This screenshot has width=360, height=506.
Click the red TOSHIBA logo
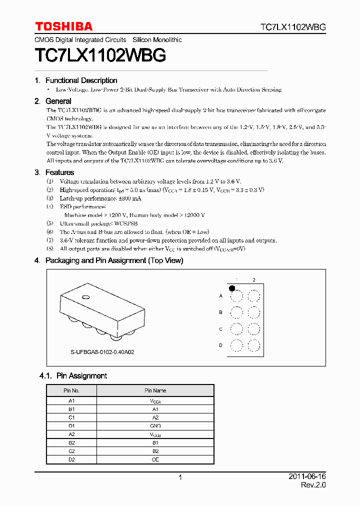click(63, 26)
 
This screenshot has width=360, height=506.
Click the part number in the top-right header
click(293, 27)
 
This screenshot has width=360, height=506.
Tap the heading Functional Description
click(81, 80)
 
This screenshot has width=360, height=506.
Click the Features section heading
click(59, 172)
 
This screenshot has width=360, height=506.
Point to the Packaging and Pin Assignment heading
click(114, 260)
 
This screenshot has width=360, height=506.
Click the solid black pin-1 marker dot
click(232, 288)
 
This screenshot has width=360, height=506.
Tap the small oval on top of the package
click(86, 297)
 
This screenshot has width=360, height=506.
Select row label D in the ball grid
click(220, 345)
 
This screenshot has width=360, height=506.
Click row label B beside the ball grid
click(220, 312)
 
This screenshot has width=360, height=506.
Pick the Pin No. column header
click(71, 390)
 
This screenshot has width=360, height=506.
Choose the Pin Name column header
click(155, 390)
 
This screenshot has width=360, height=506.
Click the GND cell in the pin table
click(155, 426)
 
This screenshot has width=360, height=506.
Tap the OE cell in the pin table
click(155, 459)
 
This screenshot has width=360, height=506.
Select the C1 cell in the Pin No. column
click(71, 417)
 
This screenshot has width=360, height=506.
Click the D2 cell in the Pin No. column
click(71, 459)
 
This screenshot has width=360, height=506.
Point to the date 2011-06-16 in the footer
click(307, 477)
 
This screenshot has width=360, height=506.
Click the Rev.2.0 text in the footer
click(313, 485)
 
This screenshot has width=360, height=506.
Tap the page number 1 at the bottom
click(180, 477)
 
